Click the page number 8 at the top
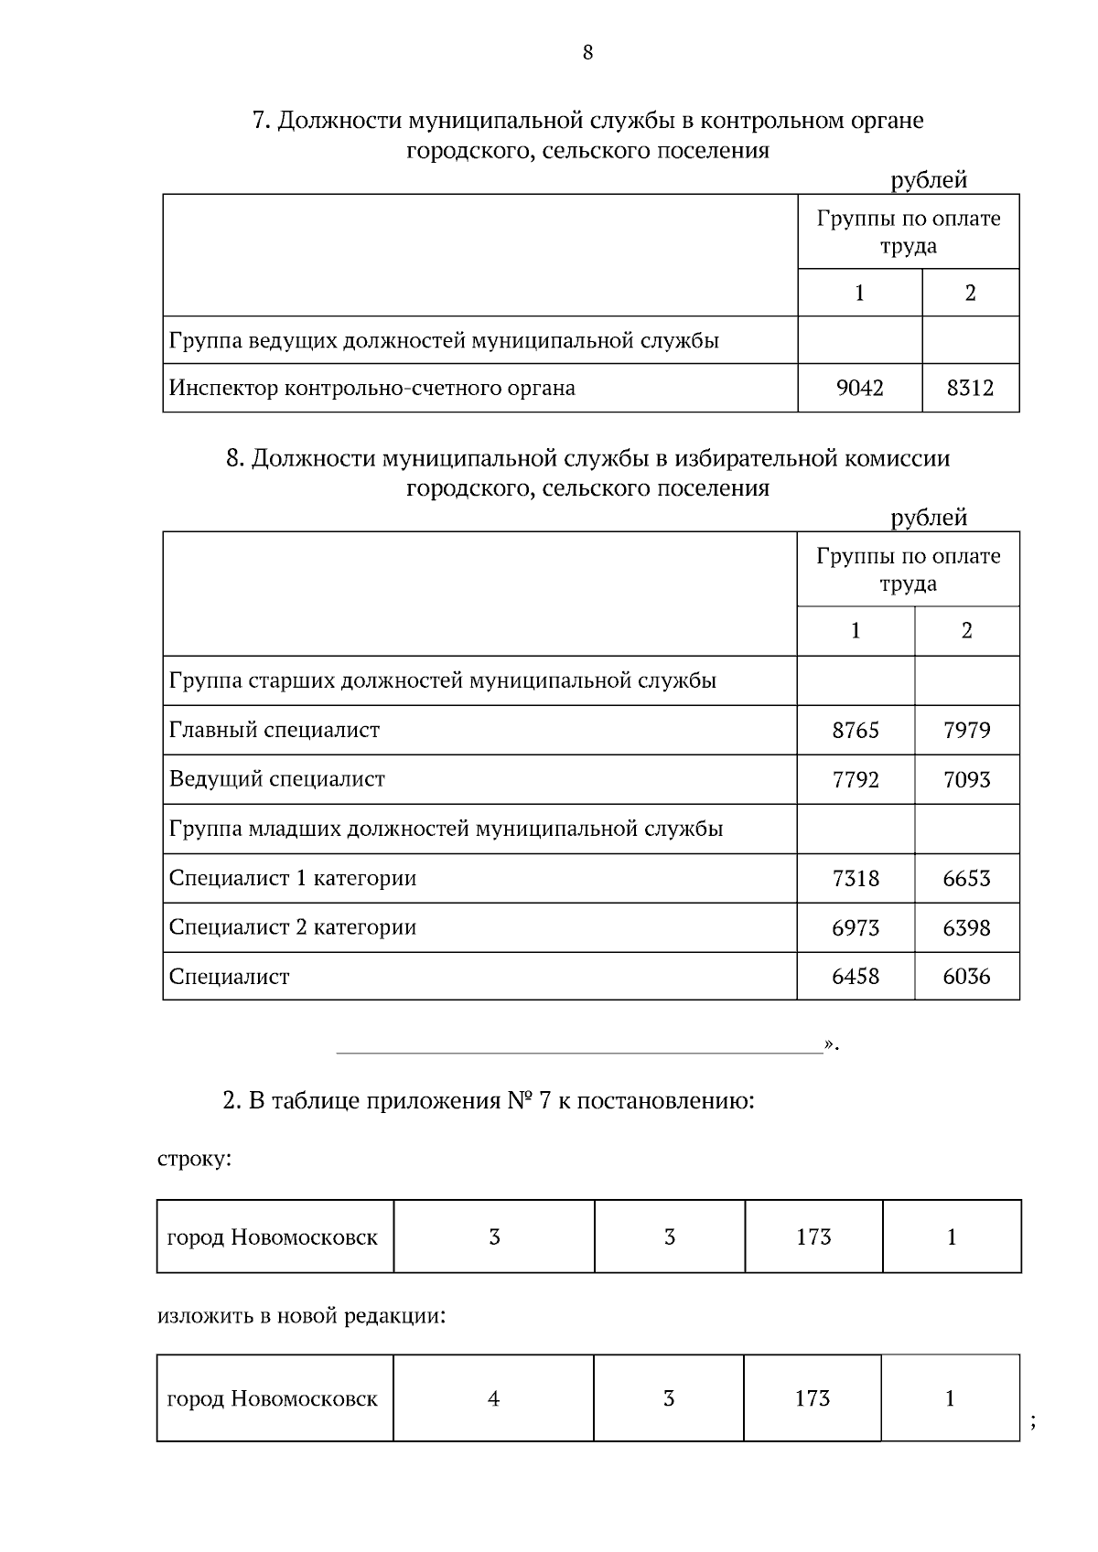pyautogui.click(x=587, y=52)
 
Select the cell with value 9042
pyautogui.click(x=859, y=388)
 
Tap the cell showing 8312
pyautogui.click(x=970, y=388)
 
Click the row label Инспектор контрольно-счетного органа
pyautogui.click(x=372, y=388)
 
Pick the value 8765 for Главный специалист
pyautogui.click(x=856, y=730)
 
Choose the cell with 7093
pyautogui.click(x=966, y=780)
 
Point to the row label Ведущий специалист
pyautogui.click(x=277, y=779)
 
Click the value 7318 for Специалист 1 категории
pyautogui.click(x=856, y=879)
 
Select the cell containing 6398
pyautogui.click(x=966, y=928)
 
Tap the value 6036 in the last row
pyautogui.click(x=966, y=977)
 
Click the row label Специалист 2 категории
pyautogui.click(x=293, y=927)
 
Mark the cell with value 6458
pyautogui.click(x=856, y=977)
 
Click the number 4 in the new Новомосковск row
pyautogui.click(x=494, y=1398)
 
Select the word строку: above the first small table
pyautogui.click(x=195, y=1160)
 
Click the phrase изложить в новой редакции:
pyautogui.click(x=302, y=1317)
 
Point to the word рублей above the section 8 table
pyautogui.click(x=929, y=518)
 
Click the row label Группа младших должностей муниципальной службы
pyautogui.click(x=447, y=829)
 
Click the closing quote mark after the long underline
pyautogui.click(x=829, y=1043)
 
